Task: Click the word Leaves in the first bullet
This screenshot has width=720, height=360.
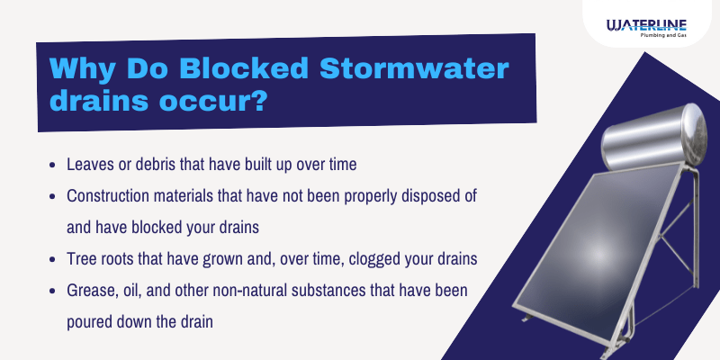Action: tap(90, 166)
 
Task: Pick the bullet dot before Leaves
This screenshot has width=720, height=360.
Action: tap(56, 166)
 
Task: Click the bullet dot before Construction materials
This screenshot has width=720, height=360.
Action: tap(56, 195)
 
